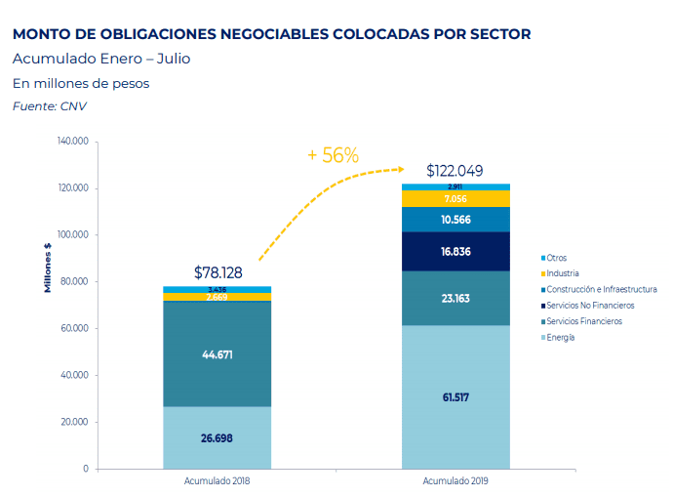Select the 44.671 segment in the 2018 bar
pyautogui.click(x=217, y=354)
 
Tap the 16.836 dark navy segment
pyautogui.click(x=455, y=251)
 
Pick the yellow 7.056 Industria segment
pyautogui.click(x=455, y=198)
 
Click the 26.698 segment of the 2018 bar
pyautogui.click(x=217, y=437)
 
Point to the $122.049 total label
pyautogui.click(x=455, y=170)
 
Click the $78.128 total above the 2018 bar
pyautogui.click(x=218, y=273)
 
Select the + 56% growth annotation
pyautogui.click(x=333, y=155)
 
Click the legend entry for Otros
pyautogui.click(x=557, y=257)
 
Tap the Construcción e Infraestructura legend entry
pyautogui.click(x=601, y=289)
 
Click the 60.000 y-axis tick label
pyautogui.click(x=75, y=329)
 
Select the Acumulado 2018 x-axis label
pyautogui.click(x=217, y=481)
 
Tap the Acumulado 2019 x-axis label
pyautogui.click(x=455, y=481)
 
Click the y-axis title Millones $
pyautogui.click(x=46, y=267)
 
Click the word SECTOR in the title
pyautogui.click(x=497, y=34)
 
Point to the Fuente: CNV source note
pyautogui.click(x=49, y=105)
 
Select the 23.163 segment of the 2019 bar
pyautogui.click(x=455, y=298)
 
